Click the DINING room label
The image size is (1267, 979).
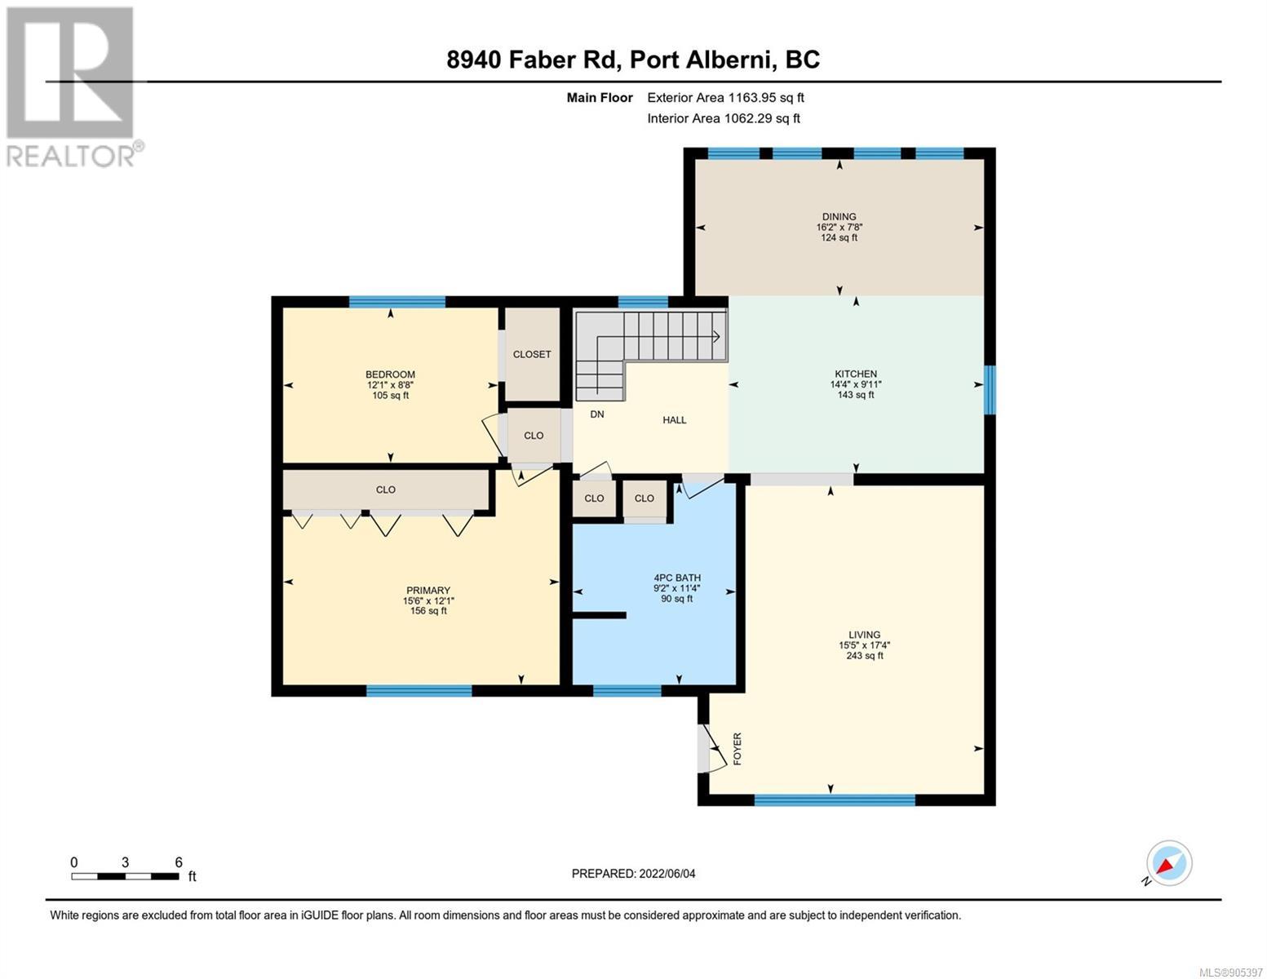tap(839, 216)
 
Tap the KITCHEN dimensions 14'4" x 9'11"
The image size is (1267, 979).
tap(855, 384)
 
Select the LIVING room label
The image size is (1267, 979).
tap(864, 635)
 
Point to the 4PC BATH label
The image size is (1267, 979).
tap(677, 578)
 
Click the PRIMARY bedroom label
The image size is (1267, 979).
tap(428, 590)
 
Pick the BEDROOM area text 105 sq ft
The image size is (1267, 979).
tap(390, 396)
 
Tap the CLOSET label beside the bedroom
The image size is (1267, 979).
tap(532, 354)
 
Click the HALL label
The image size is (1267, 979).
tap(674, 420)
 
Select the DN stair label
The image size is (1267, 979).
tap(597, 414)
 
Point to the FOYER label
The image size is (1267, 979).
tap(737, 749)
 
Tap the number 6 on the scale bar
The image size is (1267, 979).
tap(179, 862)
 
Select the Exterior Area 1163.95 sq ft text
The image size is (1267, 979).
tap(725, 97)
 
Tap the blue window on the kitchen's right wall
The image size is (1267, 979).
tap(990, 389)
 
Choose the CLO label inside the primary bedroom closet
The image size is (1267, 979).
tap(385, 489)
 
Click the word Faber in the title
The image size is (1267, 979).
tap(541, 60)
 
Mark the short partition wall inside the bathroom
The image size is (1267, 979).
tap(600, 615)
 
